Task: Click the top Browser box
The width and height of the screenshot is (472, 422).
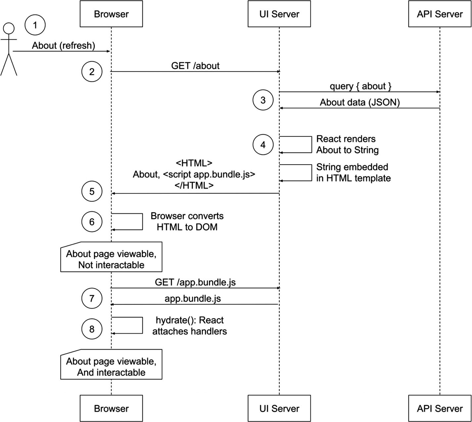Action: coord(111,14)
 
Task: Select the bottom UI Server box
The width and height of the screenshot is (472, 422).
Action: coord(279,408)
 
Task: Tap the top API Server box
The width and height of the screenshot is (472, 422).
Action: coord(440,14)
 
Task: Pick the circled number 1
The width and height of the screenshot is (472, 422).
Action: coord(35,25)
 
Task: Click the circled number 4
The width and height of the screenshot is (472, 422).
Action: coord(263,145)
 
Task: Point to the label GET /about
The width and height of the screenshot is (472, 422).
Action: coord(195,66)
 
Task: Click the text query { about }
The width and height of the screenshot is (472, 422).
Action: coord(360,86)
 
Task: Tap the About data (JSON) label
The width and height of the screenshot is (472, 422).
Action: coord(360,102)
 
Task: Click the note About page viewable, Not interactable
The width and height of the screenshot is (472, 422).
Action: coord(111,259)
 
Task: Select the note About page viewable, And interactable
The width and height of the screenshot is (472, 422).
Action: coord(111,367)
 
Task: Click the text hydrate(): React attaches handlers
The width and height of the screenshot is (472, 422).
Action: coord(190,326)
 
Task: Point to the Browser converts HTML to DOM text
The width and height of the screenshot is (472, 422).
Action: coord(187,221)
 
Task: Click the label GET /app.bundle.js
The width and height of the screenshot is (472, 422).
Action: coord(195,282)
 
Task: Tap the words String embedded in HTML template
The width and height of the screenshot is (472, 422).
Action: coord(353,172)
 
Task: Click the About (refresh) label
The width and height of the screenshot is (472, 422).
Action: coord(63,45)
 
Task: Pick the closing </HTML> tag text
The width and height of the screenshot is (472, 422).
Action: coord(194,185)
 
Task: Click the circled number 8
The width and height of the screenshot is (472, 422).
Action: coord(92,329)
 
